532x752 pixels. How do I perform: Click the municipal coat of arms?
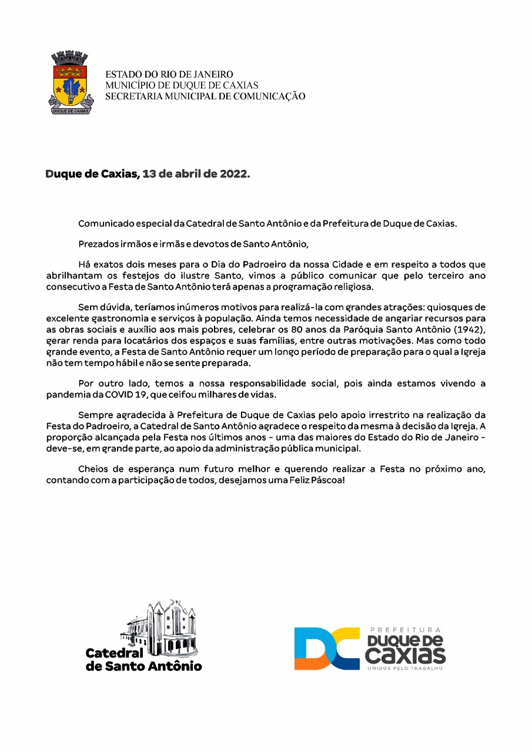[70, 83]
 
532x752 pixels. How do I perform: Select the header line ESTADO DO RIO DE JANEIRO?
[169, 75]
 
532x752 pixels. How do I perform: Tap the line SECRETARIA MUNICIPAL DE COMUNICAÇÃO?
[205, 96]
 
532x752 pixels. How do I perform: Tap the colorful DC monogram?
[326, 648]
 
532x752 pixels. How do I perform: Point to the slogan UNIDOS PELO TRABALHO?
[405, 669]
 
